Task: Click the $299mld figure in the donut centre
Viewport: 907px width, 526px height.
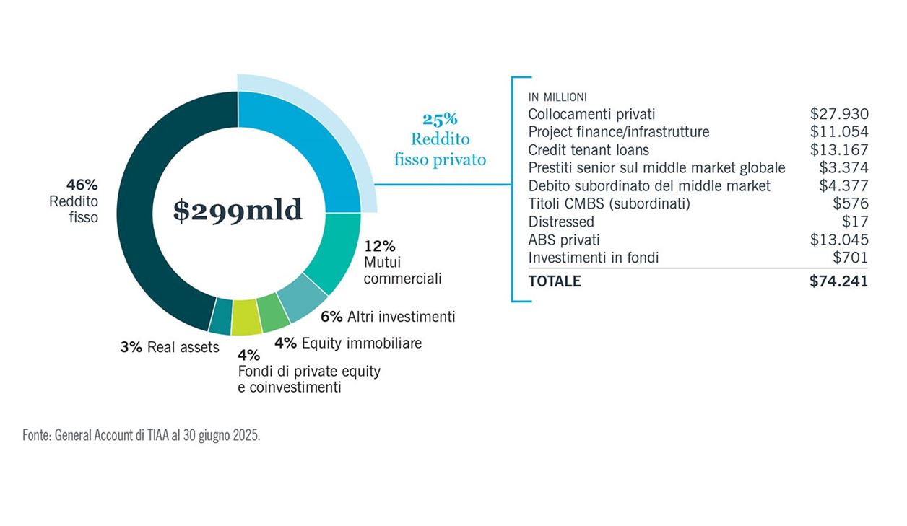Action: coord(238,209)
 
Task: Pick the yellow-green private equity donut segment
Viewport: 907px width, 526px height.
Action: coord(246,316)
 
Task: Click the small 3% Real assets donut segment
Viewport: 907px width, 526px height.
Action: coord(221,314)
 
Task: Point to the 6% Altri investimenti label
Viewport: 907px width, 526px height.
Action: coord(389,317)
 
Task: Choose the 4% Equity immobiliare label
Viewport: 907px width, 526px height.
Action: coord(348,343)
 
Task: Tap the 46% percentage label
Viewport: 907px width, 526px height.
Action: coord(82,183)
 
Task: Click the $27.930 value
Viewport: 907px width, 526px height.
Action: coord(839,114)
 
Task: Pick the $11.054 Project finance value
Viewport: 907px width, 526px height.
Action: coord(839,132)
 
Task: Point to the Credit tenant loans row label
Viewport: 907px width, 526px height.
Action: coord(589,150)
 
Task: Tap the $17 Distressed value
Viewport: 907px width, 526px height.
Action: coord(854,222)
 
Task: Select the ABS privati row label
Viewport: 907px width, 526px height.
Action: coord(564,240)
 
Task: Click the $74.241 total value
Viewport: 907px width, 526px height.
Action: coord(838,281)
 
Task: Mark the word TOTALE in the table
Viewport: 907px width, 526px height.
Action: coord(555,281)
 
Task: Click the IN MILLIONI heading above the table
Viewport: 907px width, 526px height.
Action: coord(557,97)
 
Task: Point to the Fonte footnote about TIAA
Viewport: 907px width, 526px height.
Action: coord(141,437)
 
